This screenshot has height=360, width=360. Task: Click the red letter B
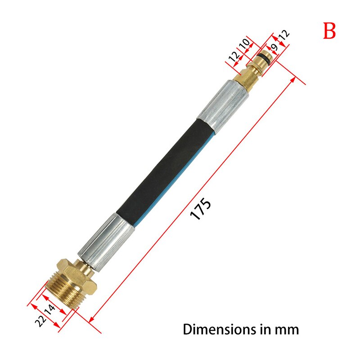[329, 31]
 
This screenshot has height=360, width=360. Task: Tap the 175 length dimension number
[200, 209]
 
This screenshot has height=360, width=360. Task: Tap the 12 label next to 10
[233, 57]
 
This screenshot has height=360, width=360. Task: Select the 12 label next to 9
[285, 35]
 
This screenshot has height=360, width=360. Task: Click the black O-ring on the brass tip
[265, 58]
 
